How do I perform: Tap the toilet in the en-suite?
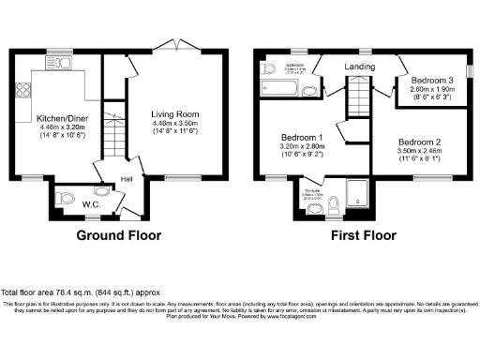[335, 202]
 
